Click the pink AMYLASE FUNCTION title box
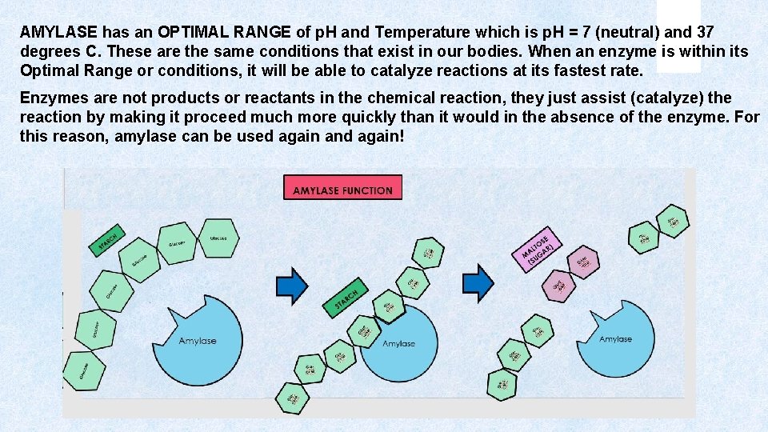click(x=342, y=188)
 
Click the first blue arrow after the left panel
click(x=291, y=285)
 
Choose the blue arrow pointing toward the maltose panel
click(x=479, y=282)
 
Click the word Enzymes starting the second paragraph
click(x=51, y=98)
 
